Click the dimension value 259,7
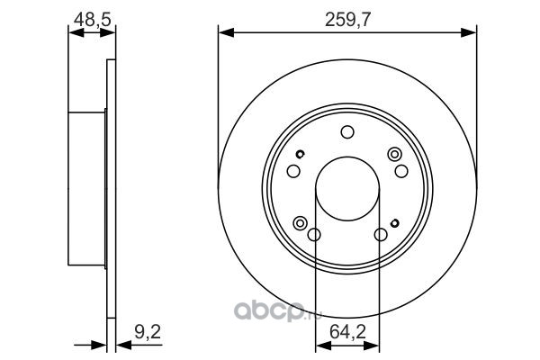pyautogui.click(x=347, y=20)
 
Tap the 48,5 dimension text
pyautogui.click(x=93, y=19)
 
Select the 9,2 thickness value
pyautogui.click(x=148, y=333)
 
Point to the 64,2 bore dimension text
pyautogui.click(x=347, y=332)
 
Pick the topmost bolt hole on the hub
pyautogui.click(x=347, y=132)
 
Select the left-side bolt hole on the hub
pyautogui.click(x=293, y=171)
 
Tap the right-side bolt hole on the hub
pyautogui.click(x=401, y=171)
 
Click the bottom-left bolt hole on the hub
pyautogui.click(x=314, y=235)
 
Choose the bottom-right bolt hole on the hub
pyautogui.click(x=381, y=235)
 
